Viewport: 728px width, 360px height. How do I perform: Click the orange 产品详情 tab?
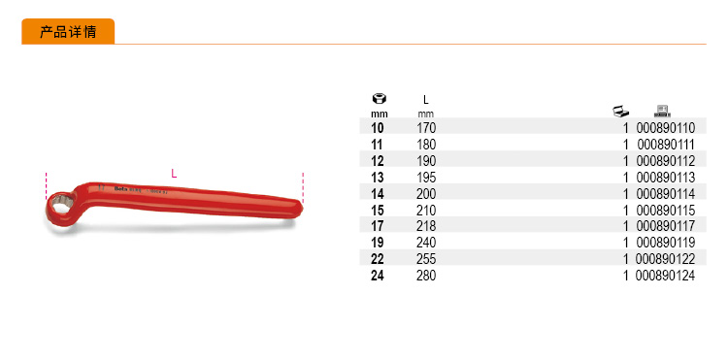(x=68, y=32)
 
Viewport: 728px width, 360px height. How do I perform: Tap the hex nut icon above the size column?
(x=380, y=99)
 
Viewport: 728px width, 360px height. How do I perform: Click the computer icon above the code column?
(x=662, y=111)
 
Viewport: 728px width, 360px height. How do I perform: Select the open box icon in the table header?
(x=621, y=112)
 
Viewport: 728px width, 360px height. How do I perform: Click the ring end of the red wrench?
(x=59, y=211)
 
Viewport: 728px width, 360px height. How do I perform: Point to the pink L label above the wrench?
(x=174, y=174)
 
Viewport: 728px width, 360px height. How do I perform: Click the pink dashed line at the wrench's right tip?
(x=303, y=187)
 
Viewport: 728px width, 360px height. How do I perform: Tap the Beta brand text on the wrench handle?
(x=118, y=188)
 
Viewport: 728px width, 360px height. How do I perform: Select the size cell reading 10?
(x=378, y=128)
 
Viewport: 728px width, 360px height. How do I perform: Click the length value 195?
(x=426, y=178)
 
